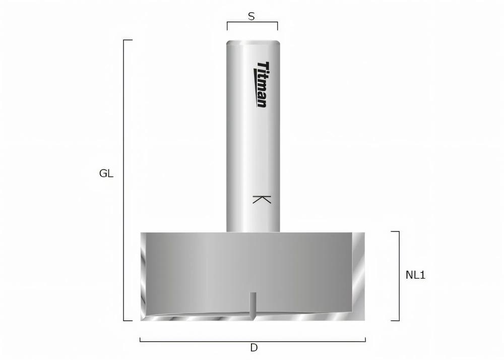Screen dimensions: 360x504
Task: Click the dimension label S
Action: [251, 16]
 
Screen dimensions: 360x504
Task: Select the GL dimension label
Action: [106, 174]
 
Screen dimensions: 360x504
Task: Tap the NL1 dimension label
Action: [415, 275]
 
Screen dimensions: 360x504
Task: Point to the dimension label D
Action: [254, 348]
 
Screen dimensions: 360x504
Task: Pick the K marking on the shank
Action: [262, 199]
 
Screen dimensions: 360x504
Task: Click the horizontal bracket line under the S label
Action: [252, 22]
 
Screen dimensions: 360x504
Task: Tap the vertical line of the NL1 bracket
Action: [399, 276]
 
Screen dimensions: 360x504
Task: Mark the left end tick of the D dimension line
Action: [140, 339]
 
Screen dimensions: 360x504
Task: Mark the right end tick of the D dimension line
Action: [365, 339]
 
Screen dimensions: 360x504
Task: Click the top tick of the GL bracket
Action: [128, 40]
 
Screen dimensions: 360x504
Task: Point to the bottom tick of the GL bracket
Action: [128, 320]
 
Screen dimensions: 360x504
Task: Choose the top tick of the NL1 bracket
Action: [396, 231]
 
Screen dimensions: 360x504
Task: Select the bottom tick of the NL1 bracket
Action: [396, 320]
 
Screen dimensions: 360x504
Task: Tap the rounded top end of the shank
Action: [253, 43]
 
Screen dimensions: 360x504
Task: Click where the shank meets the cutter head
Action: [253, 231]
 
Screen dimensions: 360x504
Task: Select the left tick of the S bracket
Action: [227, 26]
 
